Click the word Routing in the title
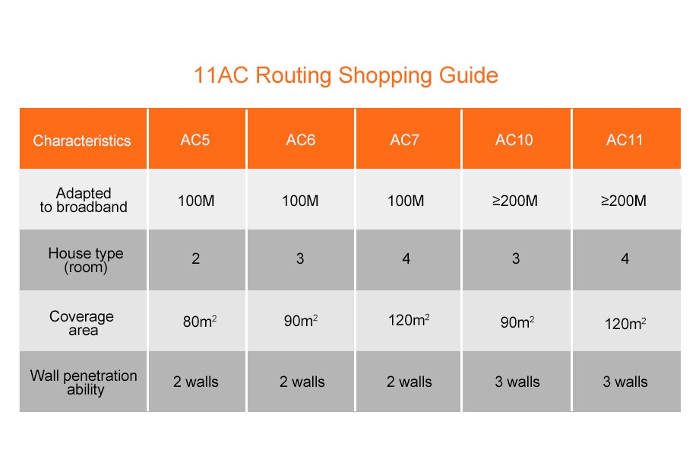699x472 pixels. tap(293, 76)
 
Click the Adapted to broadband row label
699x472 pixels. tap(84, 200)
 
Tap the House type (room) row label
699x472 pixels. tap(86, 260)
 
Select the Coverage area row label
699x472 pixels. tap(81, 323)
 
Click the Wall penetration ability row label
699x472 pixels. tap(84, 382)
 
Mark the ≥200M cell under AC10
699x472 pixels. tap(515, 201)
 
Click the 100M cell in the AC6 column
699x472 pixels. tap(300, 201)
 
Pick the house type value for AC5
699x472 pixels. tap(196, 258)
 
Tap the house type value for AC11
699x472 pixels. tap(625, 258)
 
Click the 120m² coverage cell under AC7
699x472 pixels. tap(409, 320)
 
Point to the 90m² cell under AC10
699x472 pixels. tap(517, 322)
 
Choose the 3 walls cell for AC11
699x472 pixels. tap(625, 382)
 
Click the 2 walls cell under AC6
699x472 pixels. tap(302, 382)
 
